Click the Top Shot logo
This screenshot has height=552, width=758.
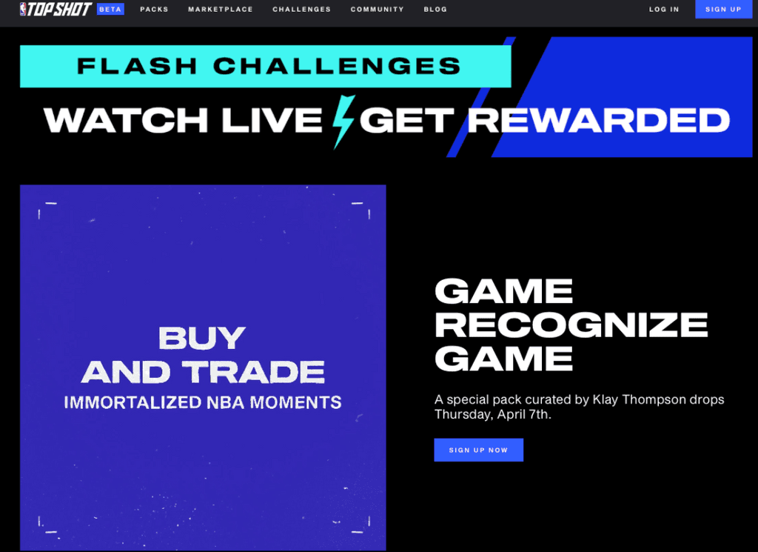56,9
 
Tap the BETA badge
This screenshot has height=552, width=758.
110,9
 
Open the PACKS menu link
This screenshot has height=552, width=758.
154,9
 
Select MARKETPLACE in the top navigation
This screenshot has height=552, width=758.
221,9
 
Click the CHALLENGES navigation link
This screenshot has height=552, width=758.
302,9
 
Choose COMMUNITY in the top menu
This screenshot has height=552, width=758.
377,9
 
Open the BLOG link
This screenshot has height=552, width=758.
435,9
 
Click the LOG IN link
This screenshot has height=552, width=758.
664,9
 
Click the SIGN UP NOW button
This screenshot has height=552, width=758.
479,450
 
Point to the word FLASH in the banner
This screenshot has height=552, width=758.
137,66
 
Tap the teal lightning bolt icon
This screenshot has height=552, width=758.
343,122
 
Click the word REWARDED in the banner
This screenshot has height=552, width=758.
598,120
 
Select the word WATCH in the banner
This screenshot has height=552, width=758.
126,120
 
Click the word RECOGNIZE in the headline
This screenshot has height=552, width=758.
571,325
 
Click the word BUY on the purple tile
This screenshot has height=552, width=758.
202,338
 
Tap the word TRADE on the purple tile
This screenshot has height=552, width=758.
253,372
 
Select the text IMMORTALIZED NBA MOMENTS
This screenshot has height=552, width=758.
203,402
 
